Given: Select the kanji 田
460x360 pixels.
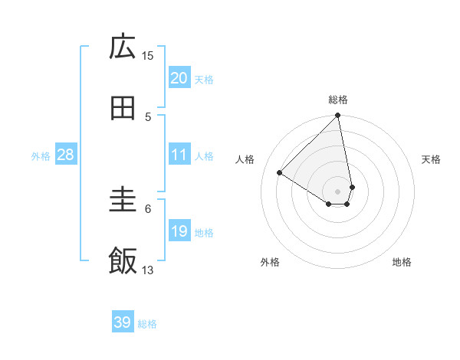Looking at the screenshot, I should point(123,109).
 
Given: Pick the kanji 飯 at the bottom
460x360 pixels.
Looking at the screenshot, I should point(123,260).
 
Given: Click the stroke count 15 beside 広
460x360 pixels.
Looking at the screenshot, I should point(148,55).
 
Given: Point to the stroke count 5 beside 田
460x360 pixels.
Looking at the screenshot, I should point(148,116).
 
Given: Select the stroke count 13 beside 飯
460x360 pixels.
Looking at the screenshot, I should point(148,270).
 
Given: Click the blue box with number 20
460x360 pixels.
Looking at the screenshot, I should point(179,77).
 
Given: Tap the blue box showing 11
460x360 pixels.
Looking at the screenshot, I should point(179,155).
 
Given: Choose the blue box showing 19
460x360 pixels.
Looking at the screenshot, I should point(179,231).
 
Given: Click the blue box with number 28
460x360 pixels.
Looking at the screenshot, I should point(66,155).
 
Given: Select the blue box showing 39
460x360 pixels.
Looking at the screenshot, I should point(123,322).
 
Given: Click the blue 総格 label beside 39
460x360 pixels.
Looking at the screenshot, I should point(147,324).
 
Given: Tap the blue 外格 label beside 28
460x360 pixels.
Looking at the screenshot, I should point(41,156).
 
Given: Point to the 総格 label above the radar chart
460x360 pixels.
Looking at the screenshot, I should point(338,100).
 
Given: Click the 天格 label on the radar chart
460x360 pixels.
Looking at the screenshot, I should point(432,159).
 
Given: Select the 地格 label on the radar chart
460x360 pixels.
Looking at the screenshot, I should point(402,262).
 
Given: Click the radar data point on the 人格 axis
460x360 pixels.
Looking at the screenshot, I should point(280,172).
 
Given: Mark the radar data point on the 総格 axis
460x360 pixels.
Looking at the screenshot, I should point(338,116).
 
